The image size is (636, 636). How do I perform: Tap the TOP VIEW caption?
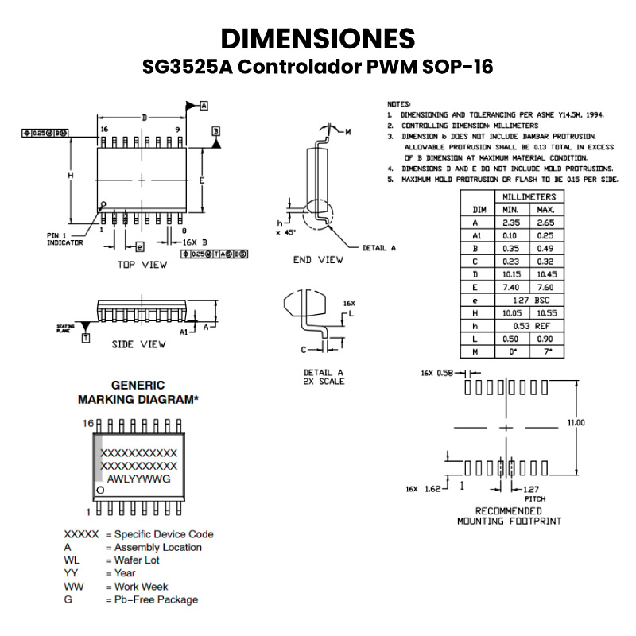142,265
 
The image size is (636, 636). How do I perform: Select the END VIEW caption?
318,259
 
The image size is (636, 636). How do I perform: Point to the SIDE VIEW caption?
138,344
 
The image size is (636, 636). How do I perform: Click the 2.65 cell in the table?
545,223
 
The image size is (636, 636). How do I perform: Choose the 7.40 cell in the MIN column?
510,286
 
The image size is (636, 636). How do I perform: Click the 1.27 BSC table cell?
529,300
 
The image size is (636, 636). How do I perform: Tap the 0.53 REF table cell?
529,325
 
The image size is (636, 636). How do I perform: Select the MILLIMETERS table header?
529,196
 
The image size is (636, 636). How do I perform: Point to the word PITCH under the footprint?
534,498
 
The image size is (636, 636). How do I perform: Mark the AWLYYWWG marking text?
138,479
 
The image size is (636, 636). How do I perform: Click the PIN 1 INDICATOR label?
64,239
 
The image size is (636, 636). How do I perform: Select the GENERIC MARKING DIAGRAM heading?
138,392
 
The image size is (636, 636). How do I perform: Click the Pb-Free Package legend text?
156,599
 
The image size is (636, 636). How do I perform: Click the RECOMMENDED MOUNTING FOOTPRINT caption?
509,516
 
